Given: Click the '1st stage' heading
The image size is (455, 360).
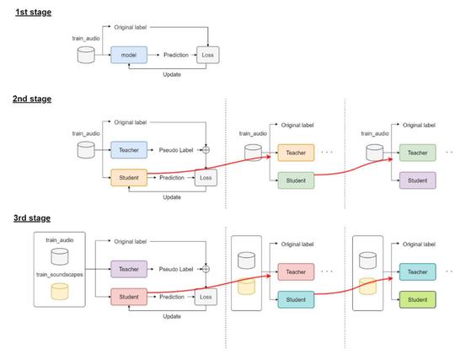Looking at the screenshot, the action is pyautogui.click(x=33, y=12).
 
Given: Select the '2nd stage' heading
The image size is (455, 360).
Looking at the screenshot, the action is pyautogui.click(x=32, y=99).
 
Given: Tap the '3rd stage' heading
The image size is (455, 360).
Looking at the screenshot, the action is pyautogui.click(x=32, y=218).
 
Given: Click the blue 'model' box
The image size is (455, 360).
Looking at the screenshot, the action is pyautogui.click(x=129, y=55).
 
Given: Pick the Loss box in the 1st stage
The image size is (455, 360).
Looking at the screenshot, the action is pyautogui.click(x=208, y=55).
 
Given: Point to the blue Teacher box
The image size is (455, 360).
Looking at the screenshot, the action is pyautogui.click(x=129, y=150).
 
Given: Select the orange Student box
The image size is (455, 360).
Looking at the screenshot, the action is pyautogui.click(x=129, y=178).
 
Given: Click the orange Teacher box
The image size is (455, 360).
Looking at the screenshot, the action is pyautogui.click(x=296, y=153).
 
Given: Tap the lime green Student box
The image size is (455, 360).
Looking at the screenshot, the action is pyautogui.click(x=418, y=299).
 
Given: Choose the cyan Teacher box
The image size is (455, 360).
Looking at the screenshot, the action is pyautogui.click(x=418, y=272).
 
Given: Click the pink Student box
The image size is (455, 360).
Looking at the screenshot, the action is pyautogui.click(x=129, y=297).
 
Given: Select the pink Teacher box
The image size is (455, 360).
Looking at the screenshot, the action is pyautogui.click(x=296, y=272).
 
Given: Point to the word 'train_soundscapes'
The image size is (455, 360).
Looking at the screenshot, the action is pyautogui.click(x=60, y=274).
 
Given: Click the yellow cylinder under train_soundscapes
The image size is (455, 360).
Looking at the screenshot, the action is pyautogui.click(x=60, y=291).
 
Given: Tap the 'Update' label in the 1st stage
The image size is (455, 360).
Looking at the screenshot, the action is pyautogui.click(x=172, y=74).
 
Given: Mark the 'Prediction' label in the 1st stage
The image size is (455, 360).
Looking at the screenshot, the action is pyautogui.click(x=176, y=55).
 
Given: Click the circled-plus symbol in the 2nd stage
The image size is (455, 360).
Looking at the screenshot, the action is pyautogui.click(x=206, y=150).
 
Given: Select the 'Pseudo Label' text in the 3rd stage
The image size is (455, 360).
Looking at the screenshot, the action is pyautogui.click(x=176, y=269).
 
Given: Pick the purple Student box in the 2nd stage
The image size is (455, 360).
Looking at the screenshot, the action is pyautogui.click(x=418, y=180).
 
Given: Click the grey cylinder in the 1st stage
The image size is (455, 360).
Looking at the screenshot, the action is pyautogui.click(x=86, y=55).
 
